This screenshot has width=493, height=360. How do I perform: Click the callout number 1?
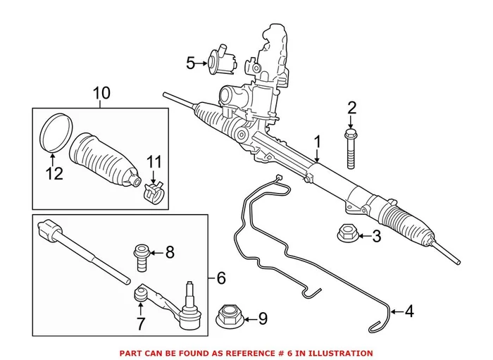[318, 142]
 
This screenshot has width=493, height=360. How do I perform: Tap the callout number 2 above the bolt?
[351, 108]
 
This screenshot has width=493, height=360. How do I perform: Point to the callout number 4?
[408, 310]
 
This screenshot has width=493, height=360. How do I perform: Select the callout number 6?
[221, 278]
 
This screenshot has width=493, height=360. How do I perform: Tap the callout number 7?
[142, 324]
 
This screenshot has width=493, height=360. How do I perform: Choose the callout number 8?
[168, 252]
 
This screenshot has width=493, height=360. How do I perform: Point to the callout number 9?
[263, 319]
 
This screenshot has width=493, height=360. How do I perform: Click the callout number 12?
[54, 173]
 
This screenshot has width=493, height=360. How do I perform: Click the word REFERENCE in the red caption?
[273, 352]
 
